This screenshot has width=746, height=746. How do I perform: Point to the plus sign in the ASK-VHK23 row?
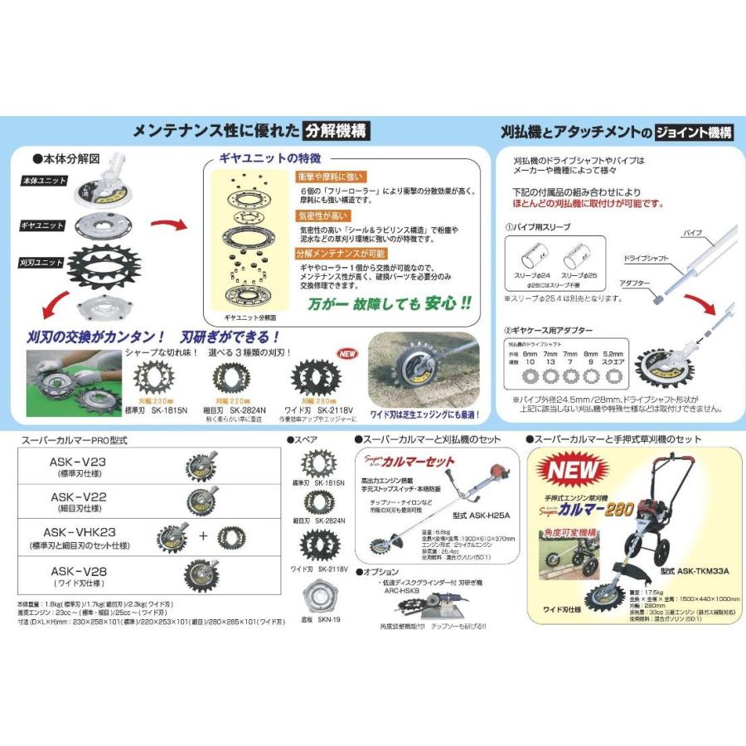pos(202,535)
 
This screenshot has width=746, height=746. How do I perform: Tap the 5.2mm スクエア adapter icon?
pos(613,375)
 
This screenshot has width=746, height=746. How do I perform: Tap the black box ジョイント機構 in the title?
pos(693,131)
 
